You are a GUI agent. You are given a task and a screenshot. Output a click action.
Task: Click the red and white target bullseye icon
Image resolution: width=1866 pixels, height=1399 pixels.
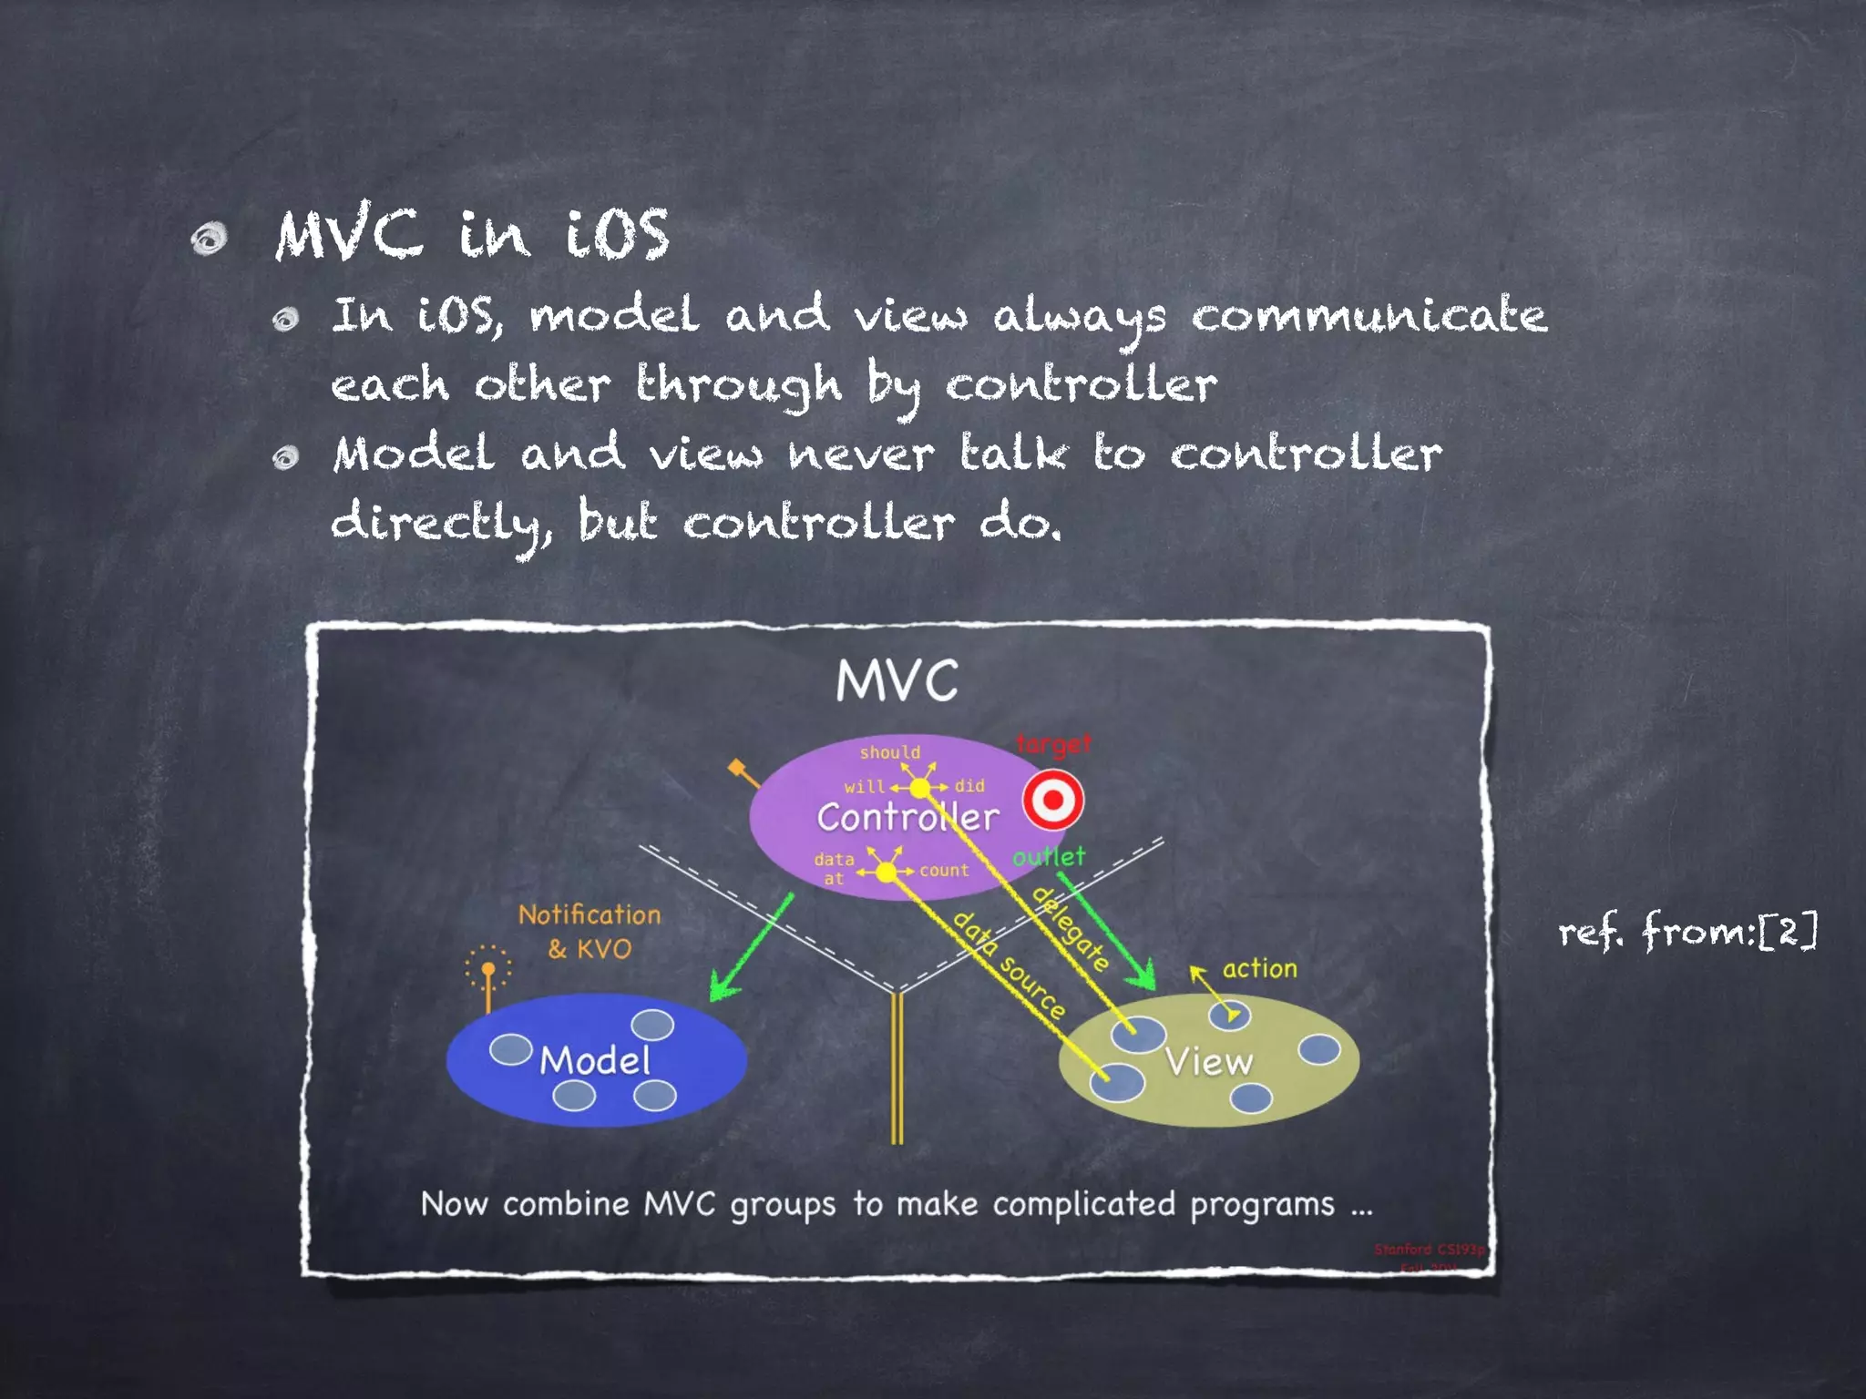[x=1052, y=800]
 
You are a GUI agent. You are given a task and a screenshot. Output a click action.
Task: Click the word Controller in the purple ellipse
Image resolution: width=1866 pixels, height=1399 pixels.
[x=907, y=817]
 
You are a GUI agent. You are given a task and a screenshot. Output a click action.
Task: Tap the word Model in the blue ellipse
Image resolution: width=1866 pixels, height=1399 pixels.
[x=595, y=1060]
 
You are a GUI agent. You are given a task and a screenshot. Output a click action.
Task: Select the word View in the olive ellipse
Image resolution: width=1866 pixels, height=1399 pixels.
[x=1208, y=1062]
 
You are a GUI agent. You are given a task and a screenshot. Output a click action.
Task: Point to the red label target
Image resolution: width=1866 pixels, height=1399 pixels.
[x=1053, y=744]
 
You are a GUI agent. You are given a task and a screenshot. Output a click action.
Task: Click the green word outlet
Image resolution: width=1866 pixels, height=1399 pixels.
[x=1049, y=856]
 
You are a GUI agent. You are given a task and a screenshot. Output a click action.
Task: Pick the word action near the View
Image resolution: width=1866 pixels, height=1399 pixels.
[x=1259, y=968]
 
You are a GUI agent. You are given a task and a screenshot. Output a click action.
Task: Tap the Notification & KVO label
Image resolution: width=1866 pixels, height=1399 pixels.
[x=590, y=932]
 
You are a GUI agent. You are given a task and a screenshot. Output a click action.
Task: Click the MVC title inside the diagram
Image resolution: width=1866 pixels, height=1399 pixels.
[x=897, y=680]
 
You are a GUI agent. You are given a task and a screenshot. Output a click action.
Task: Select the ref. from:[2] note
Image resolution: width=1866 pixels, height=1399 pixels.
[x=1687, y=931]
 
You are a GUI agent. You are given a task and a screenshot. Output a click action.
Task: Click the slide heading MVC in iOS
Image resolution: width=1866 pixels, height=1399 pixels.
[x=472, y=234]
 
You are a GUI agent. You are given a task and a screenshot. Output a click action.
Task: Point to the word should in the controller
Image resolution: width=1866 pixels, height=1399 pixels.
[x=889, y=752]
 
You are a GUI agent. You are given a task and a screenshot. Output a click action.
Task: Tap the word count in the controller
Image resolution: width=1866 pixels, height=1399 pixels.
[x=944, y=870]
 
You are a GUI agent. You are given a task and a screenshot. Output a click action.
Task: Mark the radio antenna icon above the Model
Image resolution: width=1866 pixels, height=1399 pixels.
[x=487, y=974]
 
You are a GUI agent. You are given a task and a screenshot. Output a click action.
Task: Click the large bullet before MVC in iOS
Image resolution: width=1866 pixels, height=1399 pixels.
[x=209, y=240]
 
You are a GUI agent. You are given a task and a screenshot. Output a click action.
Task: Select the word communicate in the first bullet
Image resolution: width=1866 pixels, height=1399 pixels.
[x=1369, y=316]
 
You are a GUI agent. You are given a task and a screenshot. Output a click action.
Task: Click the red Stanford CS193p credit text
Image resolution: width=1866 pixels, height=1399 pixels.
[x=1428, y=1250]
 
